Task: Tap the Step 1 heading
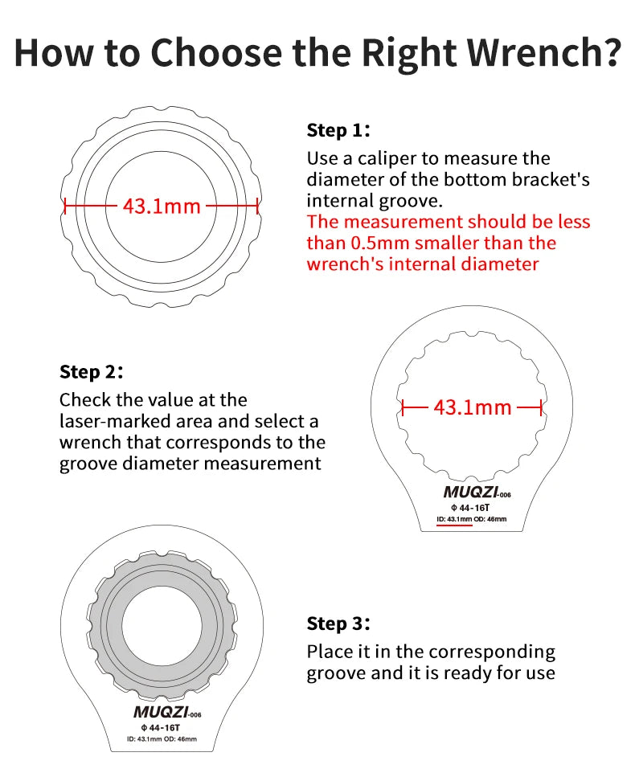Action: click(338, 130)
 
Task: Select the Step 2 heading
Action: click(91, 372)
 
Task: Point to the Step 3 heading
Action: click(338, 624)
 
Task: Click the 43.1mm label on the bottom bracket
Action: click(162, 207)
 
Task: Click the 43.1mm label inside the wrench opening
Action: click(473, 408)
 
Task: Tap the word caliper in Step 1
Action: click(387, 159)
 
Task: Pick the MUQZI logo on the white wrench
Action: click(471, 492)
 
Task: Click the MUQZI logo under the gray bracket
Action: click(161, 712)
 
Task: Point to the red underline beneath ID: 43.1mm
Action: click(454, 524)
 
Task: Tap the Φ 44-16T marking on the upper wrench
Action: click(470, 508)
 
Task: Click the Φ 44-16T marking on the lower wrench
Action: click(161, 728)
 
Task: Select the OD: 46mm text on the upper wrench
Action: click(490, 519)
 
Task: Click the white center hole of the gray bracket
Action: click(162, 625)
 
